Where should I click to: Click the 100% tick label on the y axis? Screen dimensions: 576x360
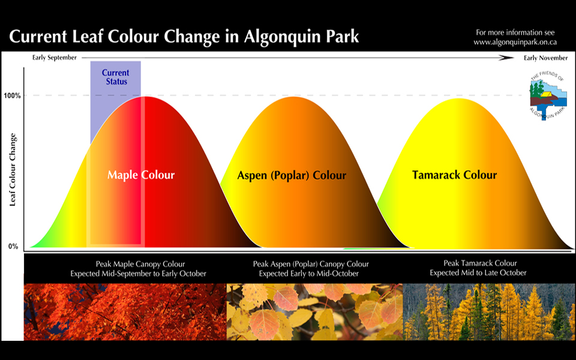(x=12, y=96)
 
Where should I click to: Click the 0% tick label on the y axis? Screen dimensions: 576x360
(x=13, y=247)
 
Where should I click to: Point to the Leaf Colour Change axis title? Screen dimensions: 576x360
(x=13, y=170)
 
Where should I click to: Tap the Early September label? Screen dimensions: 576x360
(x=55, y=58)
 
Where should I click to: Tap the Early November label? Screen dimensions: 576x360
(x=545, y=58)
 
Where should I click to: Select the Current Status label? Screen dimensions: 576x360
(x=116, y=77)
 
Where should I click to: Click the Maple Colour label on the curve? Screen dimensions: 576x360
(x=141, y=175)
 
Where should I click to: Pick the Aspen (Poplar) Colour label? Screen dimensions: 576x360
(x=292, y=176)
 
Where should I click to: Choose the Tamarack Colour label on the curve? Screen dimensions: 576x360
(x=454, y=175)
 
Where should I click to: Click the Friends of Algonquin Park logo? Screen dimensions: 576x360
(x=547, y=95)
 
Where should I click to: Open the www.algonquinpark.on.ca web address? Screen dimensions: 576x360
(x=515, y=42)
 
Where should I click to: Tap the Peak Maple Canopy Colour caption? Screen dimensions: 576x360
(x=140, y=264)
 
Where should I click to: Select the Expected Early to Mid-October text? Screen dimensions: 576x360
(x=308, y=274)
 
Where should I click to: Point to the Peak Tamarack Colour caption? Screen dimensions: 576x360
(x=480, y=263)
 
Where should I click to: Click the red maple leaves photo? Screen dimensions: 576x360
(x=125, y=312)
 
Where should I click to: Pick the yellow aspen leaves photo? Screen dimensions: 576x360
(x=315, y=312)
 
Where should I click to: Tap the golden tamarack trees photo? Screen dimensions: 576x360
(x=490, y=312)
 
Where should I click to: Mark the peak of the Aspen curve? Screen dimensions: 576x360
(x=294, y=97)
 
